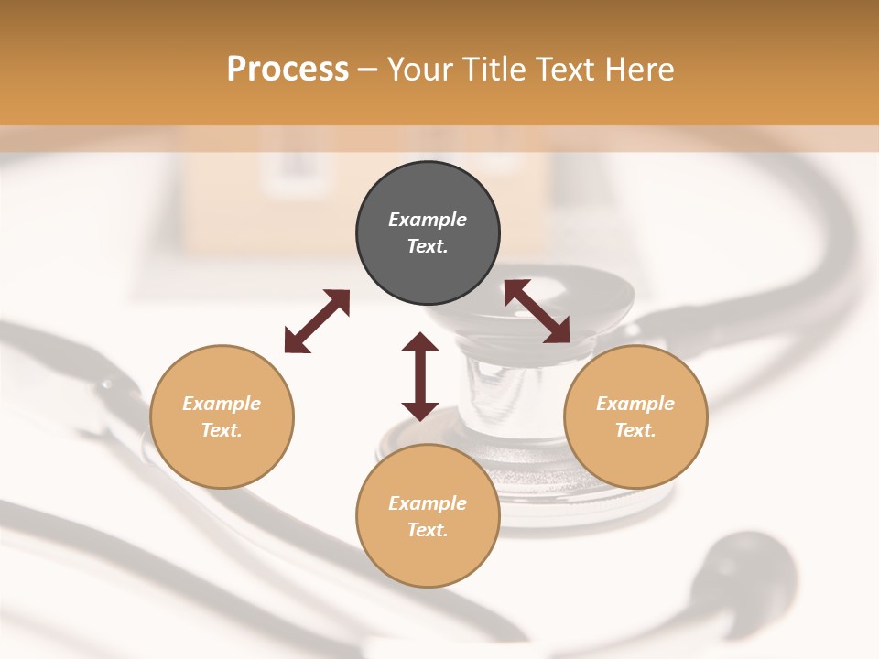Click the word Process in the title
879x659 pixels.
tap(288, 70)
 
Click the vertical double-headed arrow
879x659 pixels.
tap(420, 376)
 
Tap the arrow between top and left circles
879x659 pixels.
tap(317, 321)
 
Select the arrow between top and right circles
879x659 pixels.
tap(537, 311)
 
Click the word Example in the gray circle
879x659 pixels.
tap(428, 220)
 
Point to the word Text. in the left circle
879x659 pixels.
tap(222, 430)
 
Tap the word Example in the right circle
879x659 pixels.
tap(635, 404)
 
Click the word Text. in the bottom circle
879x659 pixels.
tap(428, 530)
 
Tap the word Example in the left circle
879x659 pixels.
tap(222, 404)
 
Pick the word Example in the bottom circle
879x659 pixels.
tap(428, 503)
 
